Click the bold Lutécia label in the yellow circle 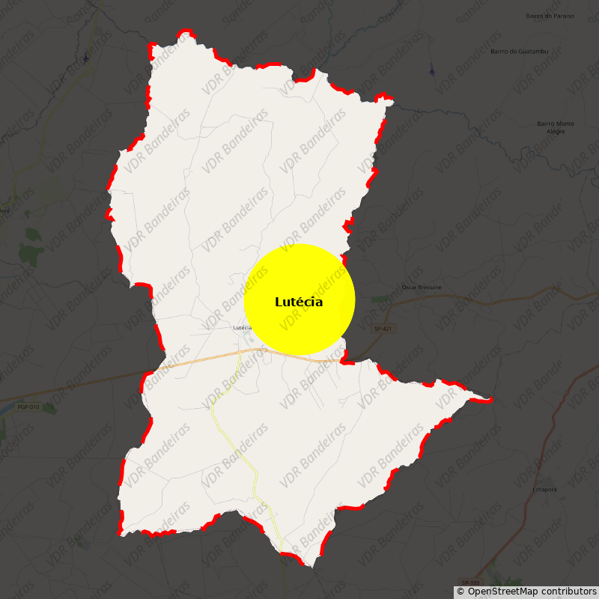click(x=299, y=302)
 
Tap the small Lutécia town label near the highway click(x=242, y=327)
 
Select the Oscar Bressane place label click(x=422, y=287)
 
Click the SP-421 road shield click(x=383, y=329)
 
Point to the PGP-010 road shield click(x=28, y=407)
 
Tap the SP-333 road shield click(x=470, y=582)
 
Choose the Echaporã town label click(x=544, y=489)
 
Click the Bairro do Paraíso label click(x=550, y=16)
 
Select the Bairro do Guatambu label click(x=519, y=51)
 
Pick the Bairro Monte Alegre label click(x=556, y=127)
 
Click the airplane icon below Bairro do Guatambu click(x=431, y=71)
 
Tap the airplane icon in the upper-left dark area click(x=86, y=57)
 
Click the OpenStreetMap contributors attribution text click(x=532, y=592)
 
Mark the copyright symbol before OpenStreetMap click(x=460, y=592)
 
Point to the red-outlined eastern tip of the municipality click(x=490, y=400)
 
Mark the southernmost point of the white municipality click(x=313, y=566)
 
